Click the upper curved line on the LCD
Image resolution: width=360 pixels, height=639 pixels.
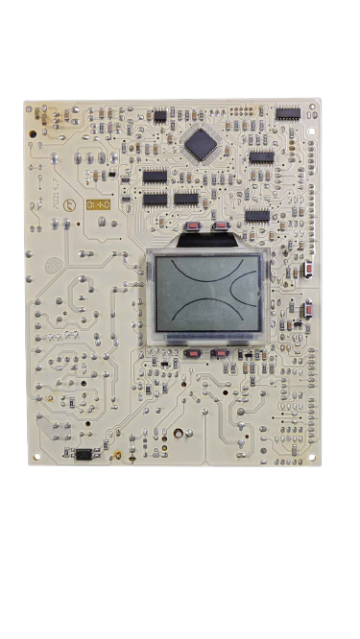click(207, 274)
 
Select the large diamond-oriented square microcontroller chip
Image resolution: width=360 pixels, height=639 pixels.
click(202, 144)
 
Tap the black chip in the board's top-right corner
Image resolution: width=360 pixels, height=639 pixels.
click(288, 113)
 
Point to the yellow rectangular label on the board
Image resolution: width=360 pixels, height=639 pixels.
click(99, 204)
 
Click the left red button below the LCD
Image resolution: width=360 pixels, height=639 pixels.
click(193, 353)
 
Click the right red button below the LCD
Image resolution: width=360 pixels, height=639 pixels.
click(222, 353)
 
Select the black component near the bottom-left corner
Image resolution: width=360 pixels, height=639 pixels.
click(84, 453)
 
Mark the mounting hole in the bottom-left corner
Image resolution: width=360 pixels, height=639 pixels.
click(36, 457)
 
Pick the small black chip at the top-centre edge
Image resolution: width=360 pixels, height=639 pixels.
click(159, 116)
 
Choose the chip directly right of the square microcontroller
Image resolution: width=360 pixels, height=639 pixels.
click(261, 156)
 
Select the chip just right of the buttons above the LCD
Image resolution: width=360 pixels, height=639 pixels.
click(257, 216)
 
